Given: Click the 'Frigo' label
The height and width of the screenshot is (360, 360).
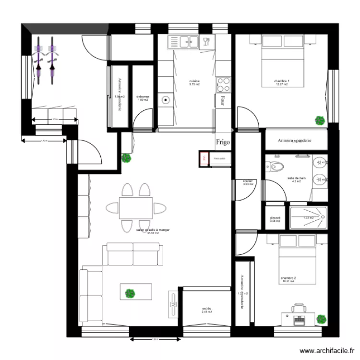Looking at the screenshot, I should (x=223, y=142).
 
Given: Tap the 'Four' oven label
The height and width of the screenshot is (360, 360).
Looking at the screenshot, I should (x=222, y=101).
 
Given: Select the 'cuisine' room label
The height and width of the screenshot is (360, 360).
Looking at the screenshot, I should (x=194, y=81).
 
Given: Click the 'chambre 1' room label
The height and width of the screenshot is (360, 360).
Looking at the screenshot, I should (x=282, y=81).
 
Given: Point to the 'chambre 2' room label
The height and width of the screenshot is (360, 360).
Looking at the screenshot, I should (x=288, y=278).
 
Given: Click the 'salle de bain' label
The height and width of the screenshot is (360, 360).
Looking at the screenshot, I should (x=296, y=178).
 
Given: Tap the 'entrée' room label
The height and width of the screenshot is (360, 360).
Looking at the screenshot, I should (x=207, y=309).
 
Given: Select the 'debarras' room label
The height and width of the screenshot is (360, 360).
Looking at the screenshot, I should (x=143, y=96).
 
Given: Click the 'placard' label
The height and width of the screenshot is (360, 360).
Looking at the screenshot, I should (x=275, y=217).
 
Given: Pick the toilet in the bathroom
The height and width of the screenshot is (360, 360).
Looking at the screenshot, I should (x=275, y=168).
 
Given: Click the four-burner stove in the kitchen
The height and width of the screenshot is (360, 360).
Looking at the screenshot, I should (x=223, y=85).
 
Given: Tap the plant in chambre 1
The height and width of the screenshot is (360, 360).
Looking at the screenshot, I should (x=319, y=120).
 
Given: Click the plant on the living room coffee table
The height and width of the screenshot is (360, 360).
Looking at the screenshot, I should (x=129, y=292).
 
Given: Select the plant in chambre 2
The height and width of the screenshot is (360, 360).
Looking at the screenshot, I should (x=321, y=318).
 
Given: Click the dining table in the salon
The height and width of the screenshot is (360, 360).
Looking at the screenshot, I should (x=136, y=207).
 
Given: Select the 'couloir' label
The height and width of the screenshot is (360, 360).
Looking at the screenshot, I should (x=248, y=181).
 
